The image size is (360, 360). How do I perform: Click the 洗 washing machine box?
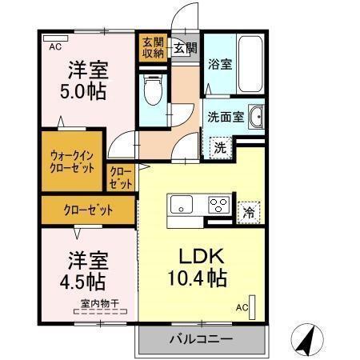coord(218,147)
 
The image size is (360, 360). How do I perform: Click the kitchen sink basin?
coord(181,204)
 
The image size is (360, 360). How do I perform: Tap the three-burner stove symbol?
coord(218,204)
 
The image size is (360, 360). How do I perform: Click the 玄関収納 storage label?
coord(153,47)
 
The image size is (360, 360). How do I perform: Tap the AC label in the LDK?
coord(241,307)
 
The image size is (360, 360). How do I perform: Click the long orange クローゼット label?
coord(88,211)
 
